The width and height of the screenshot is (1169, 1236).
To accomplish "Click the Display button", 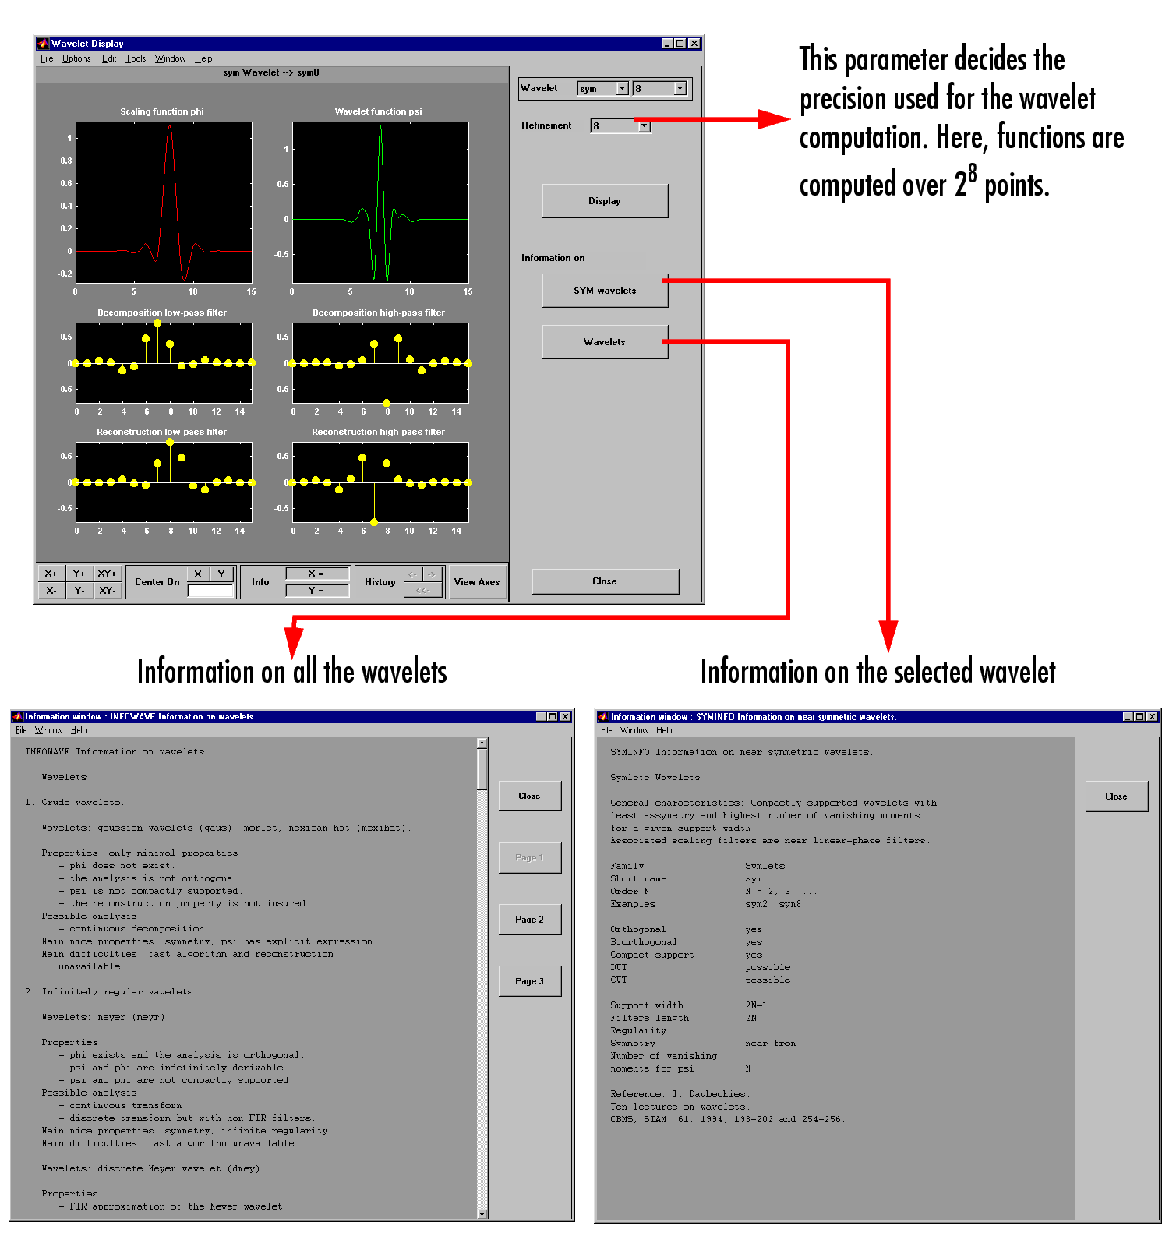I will point(605,201).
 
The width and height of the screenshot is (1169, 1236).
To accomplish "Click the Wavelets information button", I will point(605,342).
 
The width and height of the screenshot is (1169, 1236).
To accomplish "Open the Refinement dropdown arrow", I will point(644,126).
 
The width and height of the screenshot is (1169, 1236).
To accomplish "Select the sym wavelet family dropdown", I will point(602,89).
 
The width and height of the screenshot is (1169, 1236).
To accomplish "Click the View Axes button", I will point(477,582).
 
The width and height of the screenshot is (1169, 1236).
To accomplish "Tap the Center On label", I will point(157,582).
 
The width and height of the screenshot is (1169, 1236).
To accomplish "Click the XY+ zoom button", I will point(107,574).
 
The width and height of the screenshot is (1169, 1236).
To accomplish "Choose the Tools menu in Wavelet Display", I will point(136,58).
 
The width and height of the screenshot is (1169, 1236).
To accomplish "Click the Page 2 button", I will point(529,920).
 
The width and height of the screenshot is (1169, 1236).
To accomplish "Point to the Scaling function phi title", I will point(162,111).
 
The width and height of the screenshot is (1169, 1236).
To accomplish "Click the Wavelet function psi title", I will point(379,111).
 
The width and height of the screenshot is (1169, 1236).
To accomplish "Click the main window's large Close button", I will point(605,581).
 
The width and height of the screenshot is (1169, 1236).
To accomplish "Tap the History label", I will point(380,582).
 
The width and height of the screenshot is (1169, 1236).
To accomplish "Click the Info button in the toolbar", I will point(260,582).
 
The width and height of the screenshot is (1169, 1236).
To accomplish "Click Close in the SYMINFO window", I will point(1116,796).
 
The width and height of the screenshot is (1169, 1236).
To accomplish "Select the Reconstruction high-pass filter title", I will point(379,432).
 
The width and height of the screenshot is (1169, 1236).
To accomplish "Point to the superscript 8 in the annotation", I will point(972,172).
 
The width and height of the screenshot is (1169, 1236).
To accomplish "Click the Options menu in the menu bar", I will point(76,58).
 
